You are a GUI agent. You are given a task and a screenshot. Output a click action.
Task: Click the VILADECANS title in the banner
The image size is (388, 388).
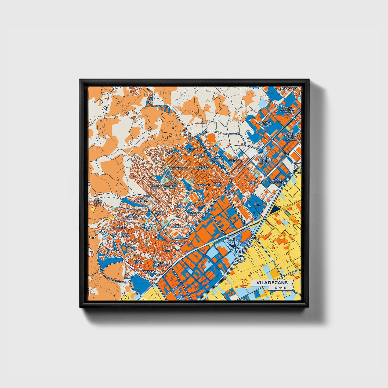pos(272,283)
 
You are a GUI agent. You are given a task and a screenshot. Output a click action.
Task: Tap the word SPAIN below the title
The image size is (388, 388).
pos(280,288)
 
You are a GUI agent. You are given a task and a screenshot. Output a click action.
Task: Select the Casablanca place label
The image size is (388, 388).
pos(290,88)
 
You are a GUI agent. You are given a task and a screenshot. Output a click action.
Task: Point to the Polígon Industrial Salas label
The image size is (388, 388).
pos(266,124)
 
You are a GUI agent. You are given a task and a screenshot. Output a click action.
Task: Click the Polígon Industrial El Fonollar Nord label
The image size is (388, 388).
pos(287,110)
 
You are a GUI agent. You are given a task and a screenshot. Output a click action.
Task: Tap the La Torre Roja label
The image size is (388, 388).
pos(233,161)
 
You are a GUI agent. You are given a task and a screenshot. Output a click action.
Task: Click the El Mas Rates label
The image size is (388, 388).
pos(170,153)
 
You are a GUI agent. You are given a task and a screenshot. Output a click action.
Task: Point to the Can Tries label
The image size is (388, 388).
pos(96,201)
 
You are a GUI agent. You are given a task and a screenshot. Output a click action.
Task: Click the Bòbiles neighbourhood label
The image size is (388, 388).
pos(110,250)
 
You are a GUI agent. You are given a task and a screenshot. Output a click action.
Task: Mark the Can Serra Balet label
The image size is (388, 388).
pos(149,272)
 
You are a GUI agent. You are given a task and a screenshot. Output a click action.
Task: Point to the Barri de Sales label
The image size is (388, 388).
pos(252,183)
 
